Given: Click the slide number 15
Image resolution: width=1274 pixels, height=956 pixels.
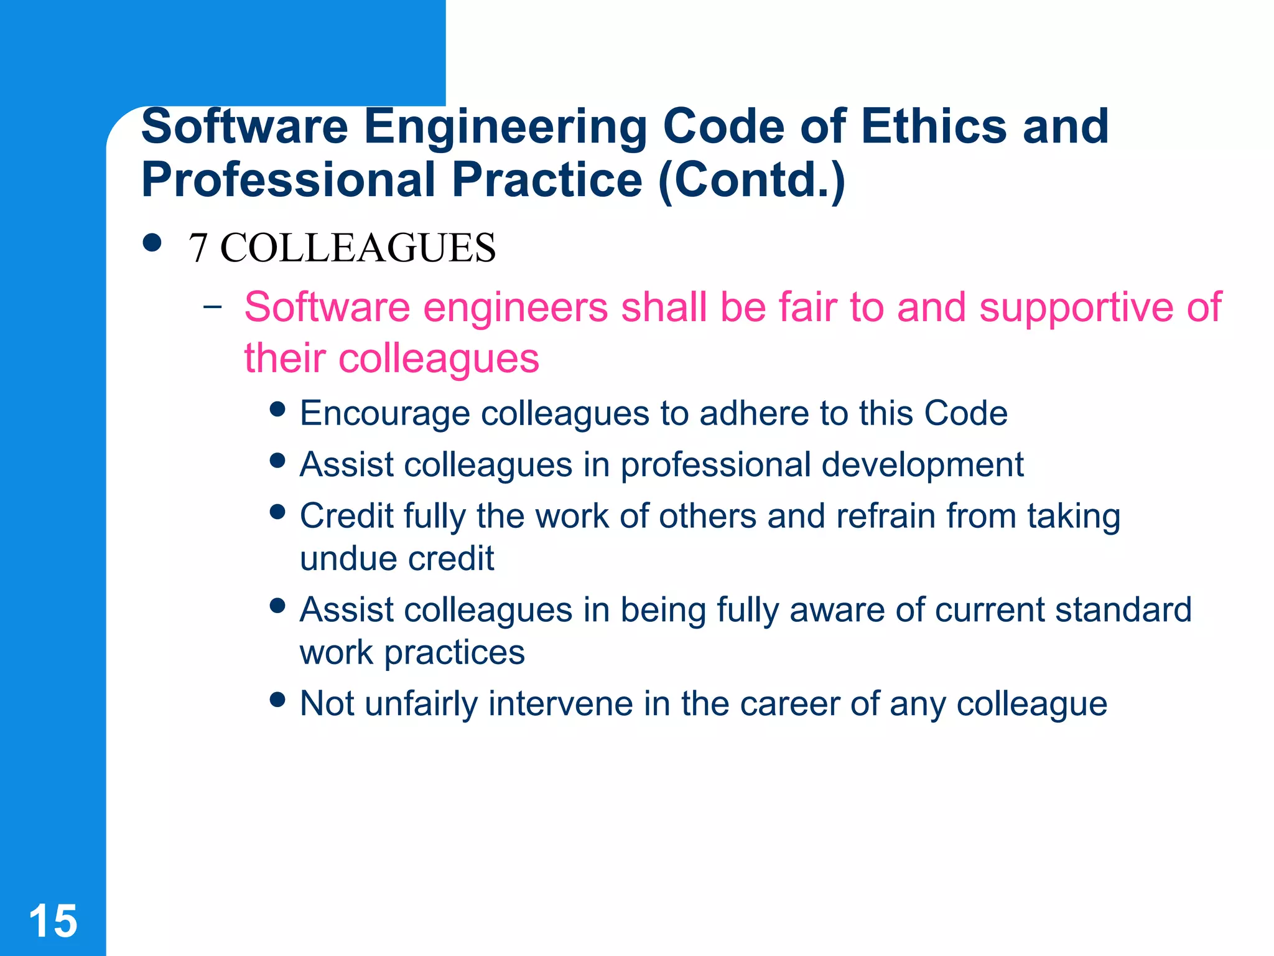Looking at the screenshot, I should coord(53,921).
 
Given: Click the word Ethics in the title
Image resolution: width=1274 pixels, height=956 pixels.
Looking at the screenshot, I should coord(933,126).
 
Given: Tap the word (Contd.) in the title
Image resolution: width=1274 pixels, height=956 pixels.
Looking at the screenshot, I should coord(751,180).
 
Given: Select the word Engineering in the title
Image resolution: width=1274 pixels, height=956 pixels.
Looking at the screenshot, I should coord(505,128).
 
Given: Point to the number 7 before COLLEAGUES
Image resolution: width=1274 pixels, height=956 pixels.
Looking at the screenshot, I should coord(198,248).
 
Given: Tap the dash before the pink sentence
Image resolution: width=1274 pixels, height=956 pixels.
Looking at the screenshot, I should coord(213,306).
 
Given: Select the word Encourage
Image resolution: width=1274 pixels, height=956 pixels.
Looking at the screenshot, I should coord(384,414).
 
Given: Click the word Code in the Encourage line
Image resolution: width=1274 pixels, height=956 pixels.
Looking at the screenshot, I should coord(965,413).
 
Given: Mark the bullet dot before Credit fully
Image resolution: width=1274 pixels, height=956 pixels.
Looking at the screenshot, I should coord(278,512).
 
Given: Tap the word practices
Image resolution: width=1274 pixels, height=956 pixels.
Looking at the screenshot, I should coord(455,654).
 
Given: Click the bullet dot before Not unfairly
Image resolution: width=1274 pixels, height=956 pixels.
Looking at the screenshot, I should coord(278,699).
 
